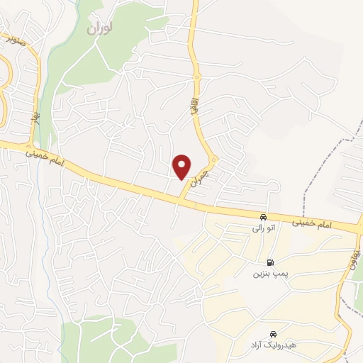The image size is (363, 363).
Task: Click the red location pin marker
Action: point(183,167)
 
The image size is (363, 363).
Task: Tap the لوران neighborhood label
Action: point(100,29)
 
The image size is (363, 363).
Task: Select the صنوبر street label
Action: point(13,39)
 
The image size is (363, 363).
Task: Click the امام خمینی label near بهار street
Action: point(48,157)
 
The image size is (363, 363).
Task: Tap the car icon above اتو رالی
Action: point(263,217)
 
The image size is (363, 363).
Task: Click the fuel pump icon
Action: point(269,262)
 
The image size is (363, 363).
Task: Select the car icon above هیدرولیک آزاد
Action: point(274,334)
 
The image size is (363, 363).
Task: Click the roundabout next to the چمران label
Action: point(213,160)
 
